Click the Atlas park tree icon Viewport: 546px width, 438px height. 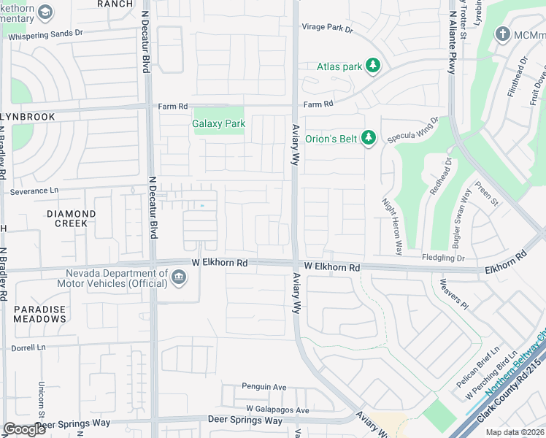click(x=373, y=66)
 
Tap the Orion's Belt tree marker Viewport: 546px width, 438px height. click(x=369, y=138)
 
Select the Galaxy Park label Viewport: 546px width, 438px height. click(x=218, y=123)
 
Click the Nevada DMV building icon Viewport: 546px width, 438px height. click(x=178, y=277)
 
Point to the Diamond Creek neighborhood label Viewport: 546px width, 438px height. click(x=71, y=218)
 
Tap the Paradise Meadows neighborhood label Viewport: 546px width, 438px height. click(x=39, y=314)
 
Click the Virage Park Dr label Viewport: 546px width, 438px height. click(x=328, y=29)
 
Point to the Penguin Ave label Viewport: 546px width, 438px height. click(x=264, y=386)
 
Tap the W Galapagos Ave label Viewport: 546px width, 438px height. click(x=277, y=410)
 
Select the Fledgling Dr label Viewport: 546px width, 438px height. click(x=443, y=258)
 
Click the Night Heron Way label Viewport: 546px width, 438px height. click(x=392, y=226)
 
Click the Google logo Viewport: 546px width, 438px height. click(x=24, y=429)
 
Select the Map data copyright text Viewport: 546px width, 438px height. click(x=514, y=432)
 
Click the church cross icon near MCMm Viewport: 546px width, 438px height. click(x=502, y=34)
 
